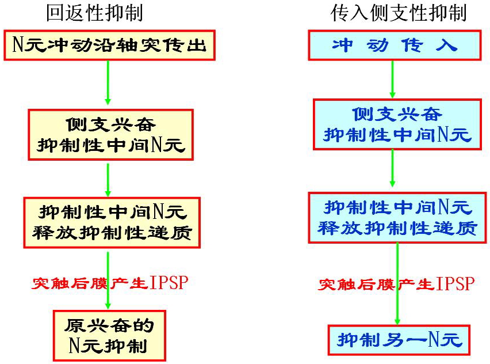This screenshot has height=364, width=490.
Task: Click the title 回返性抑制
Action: tap(94, 13)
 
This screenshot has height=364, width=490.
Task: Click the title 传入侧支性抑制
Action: tap(398, 13)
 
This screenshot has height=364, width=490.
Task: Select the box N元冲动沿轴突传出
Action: tap(110, 45)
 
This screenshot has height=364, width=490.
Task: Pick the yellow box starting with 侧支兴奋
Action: tap(110, 135)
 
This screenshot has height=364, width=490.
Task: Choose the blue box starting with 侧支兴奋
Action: tap(397, 124)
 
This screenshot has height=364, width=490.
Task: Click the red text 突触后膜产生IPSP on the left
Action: tap(109, 283)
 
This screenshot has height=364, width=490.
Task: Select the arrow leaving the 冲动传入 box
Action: tap(393, 78)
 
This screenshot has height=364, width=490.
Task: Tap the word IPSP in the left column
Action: tap(169, 283)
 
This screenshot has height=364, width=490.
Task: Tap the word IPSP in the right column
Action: tap(455, 284)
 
